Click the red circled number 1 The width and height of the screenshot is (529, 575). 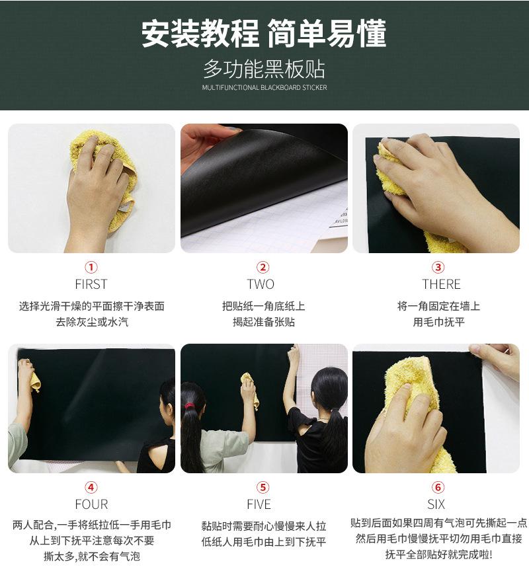(x=91, y=267)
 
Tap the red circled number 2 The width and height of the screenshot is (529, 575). (x=263, y=267)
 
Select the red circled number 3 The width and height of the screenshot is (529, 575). (x=438, y=267)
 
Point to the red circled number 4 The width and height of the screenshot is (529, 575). (x=91, y=487)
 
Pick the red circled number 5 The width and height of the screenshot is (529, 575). (x=263, y=487)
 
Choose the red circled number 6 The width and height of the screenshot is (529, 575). (x=438, y=487)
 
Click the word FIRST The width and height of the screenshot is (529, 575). (x=91, y=284)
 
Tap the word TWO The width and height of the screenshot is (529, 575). (x=261, y=284)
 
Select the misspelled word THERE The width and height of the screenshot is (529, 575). (x=441, y=284)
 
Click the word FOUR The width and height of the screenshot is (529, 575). (x=91, y=504)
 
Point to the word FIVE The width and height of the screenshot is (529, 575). (x=259, y=504)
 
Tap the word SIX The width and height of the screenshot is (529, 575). (x=436, y=504)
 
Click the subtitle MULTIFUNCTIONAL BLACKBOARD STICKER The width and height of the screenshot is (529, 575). (x=264, y=88)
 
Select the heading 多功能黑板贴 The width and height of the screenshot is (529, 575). (x=264, y=69)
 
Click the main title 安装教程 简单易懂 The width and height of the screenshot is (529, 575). (x=264, y=33)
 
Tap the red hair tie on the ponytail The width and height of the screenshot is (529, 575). (x=189, y=406)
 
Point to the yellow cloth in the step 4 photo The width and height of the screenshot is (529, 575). (x=36, y=382)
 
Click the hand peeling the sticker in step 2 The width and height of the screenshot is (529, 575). (x=206, y=145)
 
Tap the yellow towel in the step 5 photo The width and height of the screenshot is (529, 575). (x=250, y=389)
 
